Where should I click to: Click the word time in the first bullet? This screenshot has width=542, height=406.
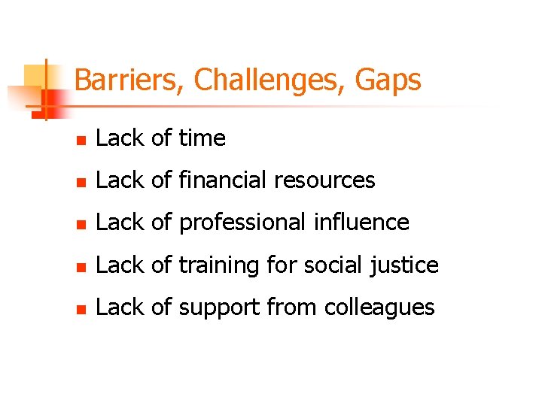tap(201, 138)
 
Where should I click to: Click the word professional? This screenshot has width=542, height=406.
tap(242, 223)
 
